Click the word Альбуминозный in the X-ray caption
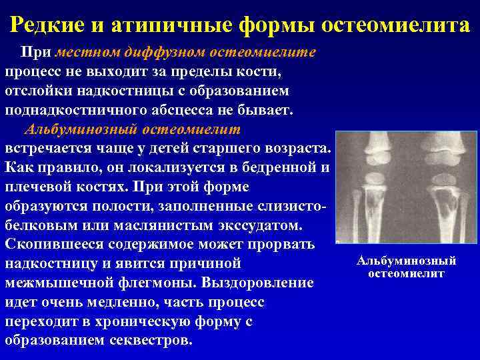(407, 261)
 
